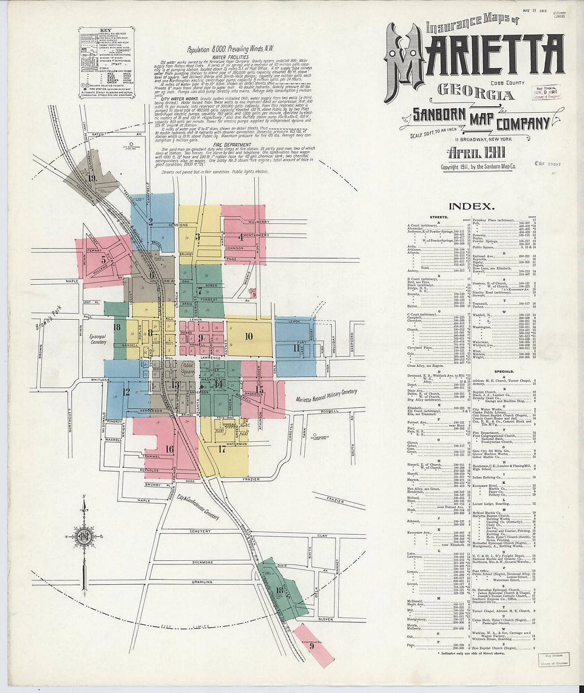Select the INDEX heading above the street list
[471, 207]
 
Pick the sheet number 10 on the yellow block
[248, 336]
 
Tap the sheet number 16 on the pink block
[169, 449]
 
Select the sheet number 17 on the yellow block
[222, 449]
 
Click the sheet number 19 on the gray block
[92, 178]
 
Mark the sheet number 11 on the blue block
[296, 348]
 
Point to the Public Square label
[187, 369]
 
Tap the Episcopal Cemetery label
[98, 339]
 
